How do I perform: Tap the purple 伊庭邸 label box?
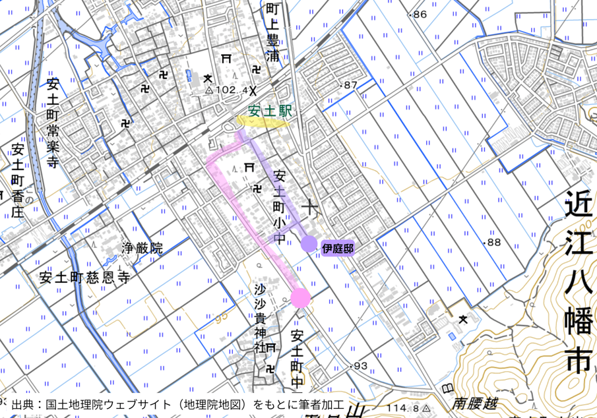338,249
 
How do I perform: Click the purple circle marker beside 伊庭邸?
309,245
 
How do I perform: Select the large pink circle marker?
300,298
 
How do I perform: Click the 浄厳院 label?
142,249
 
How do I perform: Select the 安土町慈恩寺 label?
84,277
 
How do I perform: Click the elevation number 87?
349,85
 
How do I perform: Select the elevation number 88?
492,242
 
